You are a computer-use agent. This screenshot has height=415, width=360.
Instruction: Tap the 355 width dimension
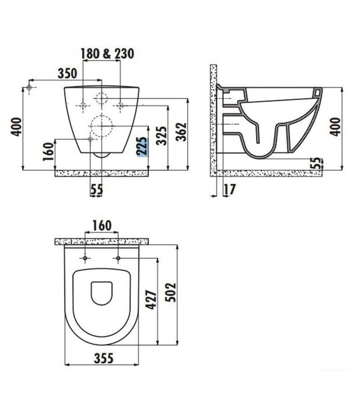pos(101,358)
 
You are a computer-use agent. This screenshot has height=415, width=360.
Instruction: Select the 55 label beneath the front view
pos(96,189)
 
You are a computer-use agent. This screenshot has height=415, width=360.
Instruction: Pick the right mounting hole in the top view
pos(119,258)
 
